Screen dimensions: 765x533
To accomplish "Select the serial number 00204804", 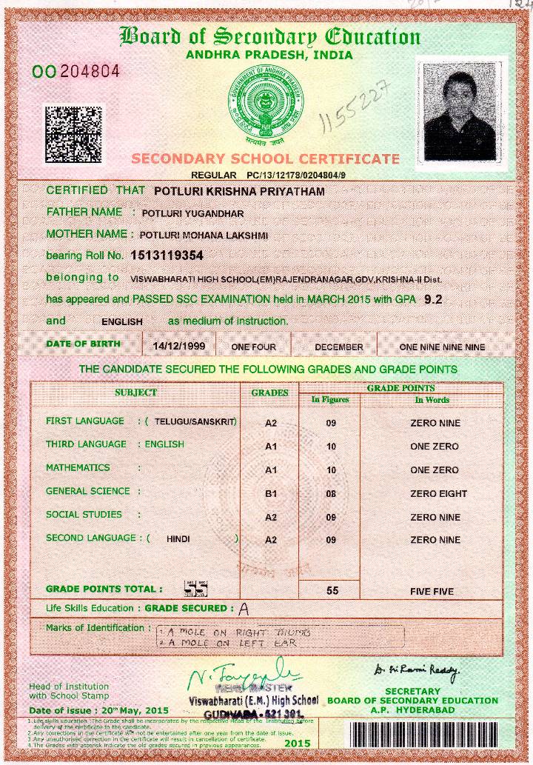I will (x=76, y=72).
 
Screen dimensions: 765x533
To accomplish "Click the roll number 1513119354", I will (x=167, y=255).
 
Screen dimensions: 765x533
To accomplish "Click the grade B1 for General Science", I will (x=270, y=493).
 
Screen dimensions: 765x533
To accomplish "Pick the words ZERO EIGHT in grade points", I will (x=435, y=493).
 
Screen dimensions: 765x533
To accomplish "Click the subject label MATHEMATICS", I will (x=78, y=468).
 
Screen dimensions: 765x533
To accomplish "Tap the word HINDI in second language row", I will (x=178, y=540).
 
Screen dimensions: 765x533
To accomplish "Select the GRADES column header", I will (x=270, y=393).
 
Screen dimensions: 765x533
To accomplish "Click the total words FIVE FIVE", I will (x=432, y=592).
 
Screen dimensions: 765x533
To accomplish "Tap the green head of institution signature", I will (x=244, y=675).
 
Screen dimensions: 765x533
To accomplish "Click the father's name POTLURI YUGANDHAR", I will (x=192, y=214).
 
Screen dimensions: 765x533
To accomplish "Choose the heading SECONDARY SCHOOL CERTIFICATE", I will (x=265, y=158).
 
